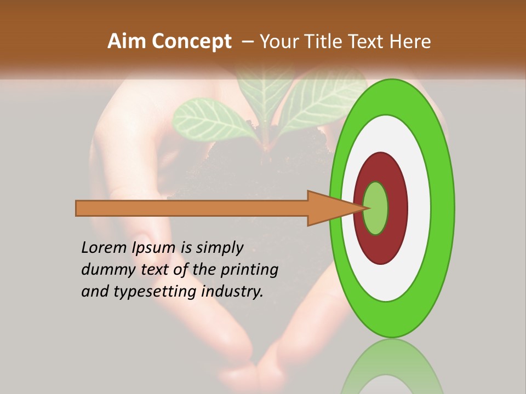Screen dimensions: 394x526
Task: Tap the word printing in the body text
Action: [x=249, y=270]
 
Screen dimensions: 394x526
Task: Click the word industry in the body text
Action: [x=232, y=292]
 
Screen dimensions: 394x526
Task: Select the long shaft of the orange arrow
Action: [x=192, y=208]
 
